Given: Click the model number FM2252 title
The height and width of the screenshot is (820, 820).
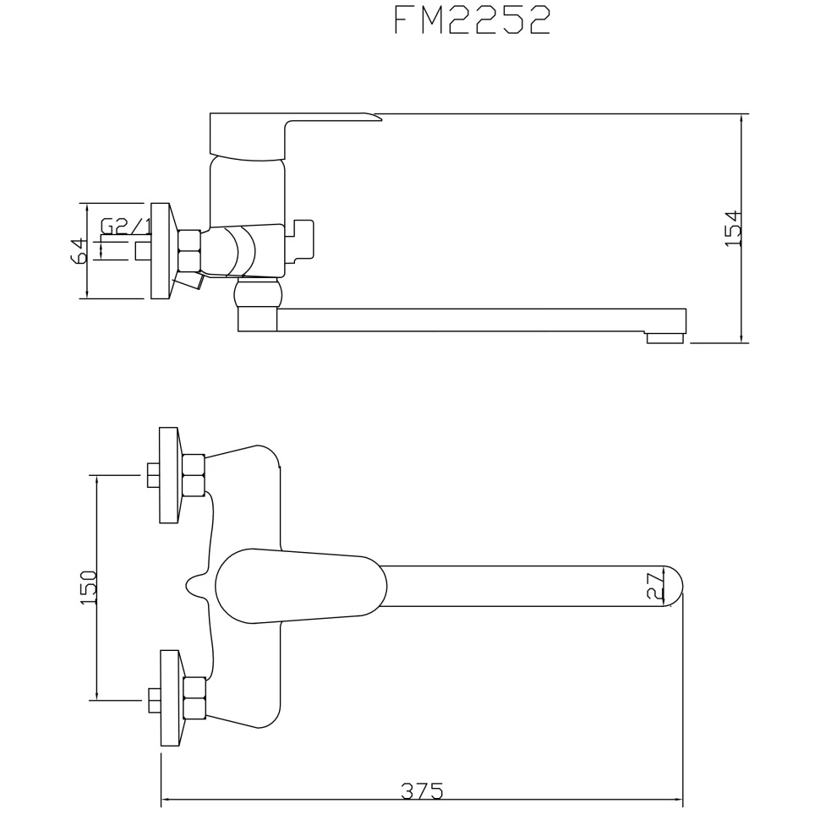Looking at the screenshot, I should [473, 21].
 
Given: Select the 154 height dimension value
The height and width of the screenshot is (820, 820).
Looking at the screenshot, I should [733, 228].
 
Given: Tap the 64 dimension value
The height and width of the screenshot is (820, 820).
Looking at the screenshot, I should [78, 250].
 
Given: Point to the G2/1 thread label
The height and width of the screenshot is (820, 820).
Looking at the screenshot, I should [126, 227].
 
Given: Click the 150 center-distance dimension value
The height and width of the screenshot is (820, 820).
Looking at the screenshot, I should [89, 587].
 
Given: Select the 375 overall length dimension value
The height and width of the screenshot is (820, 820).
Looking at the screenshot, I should [421, 791].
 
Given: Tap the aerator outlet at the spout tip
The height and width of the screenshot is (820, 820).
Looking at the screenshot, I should [665, 338].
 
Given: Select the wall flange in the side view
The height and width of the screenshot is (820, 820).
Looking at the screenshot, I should [161, 251].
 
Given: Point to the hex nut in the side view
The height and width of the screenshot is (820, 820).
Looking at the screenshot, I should [189, 250].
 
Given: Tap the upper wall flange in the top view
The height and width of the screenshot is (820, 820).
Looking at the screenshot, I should [169, 475].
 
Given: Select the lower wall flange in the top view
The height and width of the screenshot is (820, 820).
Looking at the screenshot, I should [169, 698].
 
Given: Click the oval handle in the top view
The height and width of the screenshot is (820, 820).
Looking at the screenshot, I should [300, 586].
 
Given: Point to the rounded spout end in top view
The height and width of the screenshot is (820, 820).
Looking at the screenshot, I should [673, 586].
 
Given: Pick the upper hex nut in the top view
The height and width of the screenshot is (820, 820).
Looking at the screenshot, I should [194, 475].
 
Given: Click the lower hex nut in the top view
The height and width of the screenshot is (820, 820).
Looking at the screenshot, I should [194, 698].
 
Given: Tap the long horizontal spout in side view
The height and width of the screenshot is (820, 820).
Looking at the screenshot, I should [473, 320].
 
